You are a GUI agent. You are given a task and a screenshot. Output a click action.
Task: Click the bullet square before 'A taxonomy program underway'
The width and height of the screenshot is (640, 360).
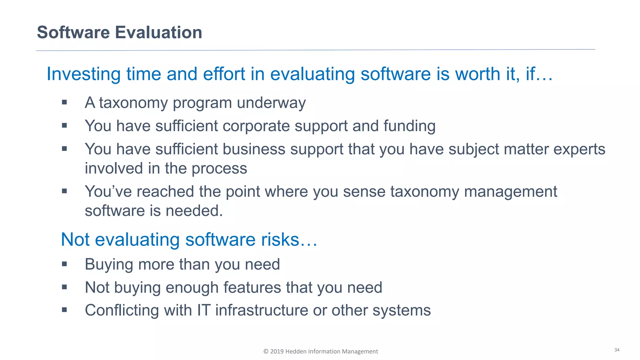point(64,102)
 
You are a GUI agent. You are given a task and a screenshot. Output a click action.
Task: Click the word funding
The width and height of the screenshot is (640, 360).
point(409,126)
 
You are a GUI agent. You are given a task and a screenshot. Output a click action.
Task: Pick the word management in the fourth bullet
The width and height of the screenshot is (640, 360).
point(511,192)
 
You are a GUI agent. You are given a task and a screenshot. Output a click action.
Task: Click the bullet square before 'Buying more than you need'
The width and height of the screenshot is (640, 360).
point(64,264)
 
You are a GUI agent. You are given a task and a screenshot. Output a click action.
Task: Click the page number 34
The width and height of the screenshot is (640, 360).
point(617,350)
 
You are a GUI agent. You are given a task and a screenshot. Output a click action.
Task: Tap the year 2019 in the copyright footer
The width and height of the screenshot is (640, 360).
point(277,352)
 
